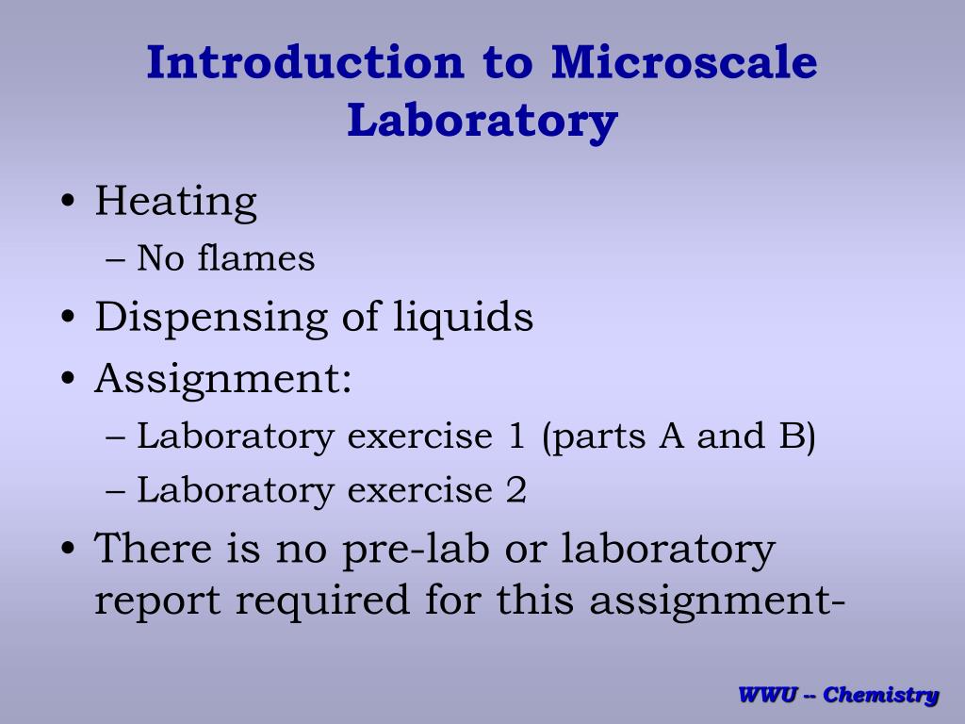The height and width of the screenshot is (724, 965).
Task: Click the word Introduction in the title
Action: [305, 63]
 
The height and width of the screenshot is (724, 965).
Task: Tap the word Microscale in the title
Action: [684, 63]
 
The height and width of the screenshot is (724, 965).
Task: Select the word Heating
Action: [175, 203]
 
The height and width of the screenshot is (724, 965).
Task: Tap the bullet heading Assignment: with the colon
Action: [223, 380]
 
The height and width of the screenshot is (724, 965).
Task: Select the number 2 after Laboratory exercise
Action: [515, 490]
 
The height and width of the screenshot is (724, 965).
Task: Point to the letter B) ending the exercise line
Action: [802, 437]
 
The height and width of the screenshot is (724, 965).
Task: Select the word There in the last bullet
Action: [151, 548]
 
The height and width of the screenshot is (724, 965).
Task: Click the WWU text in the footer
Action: [769, 696]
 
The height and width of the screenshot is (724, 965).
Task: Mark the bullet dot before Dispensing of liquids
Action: [69, 319]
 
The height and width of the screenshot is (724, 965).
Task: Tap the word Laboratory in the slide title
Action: [482, 122]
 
